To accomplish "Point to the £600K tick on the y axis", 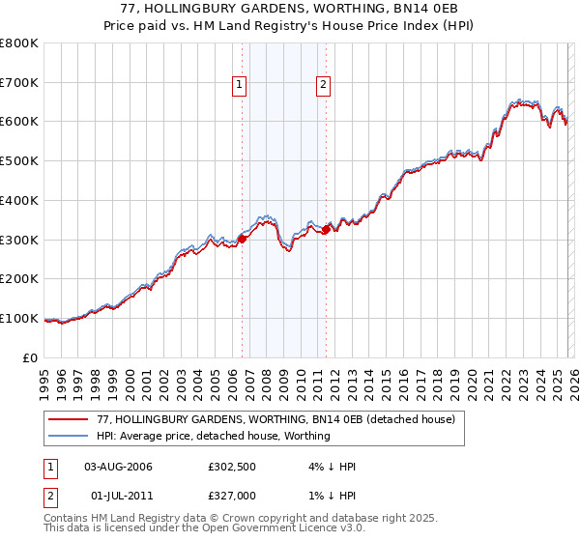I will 19,122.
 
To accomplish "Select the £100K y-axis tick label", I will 19,318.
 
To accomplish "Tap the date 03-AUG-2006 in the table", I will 118,467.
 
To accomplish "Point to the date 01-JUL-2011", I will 118,496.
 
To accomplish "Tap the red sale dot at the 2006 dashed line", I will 242,239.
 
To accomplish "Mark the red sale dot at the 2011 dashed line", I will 326,229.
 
